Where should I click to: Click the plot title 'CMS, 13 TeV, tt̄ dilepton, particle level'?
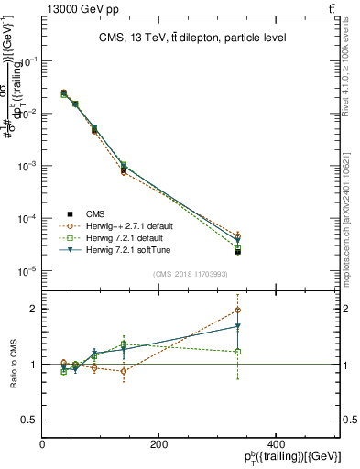coord(192,38)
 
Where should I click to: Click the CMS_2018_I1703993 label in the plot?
coord(191,274)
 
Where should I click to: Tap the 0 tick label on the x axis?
coord(42,444)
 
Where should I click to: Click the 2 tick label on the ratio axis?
coord(34,309)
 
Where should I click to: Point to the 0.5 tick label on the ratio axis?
coord(29,420)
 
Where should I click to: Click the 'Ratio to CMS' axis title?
coord(13,364)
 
